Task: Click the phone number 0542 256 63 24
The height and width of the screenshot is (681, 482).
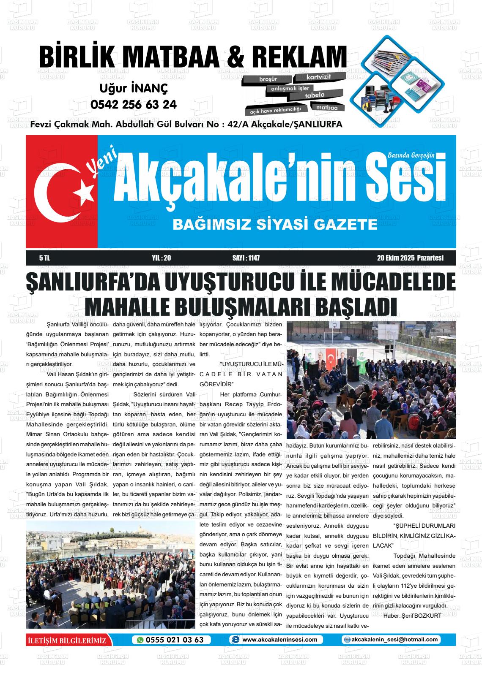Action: coord(133,104)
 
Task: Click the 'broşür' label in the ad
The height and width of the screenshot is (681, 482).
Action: coord(268,79)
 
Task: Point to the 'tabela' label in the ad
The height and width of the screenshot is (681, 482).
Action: coord(315,95)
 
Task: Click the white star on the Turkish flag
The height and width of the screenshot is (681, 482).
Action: coord(84,192)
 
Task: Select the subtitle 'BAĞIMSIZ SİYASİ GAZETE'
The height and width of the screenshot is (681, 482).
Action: coord(275,224)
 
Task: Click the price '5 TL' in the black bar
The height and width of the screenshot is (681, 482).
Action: coord(44,258)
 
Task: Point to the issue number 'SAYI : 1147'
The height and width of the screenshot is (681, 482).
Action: coord(246,258)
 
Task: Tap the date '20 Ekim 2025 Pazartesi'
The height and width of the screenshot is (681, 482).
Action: coord(410,258)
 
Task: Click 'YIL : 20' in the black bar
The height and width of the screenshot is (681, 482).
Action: coord(161,258)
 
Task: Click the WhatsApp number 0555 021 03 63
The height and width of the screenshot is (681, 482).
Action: coord(175,640)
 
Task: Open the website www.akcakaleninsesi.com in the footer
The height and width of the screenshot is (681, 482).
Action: coord(279,640)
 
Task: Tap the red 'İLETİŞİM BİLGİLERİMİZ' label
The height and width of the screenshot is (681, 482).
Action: coord(66,640)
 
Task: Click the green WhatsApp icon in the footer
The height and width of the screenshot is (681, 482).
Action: coord(140,640)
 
